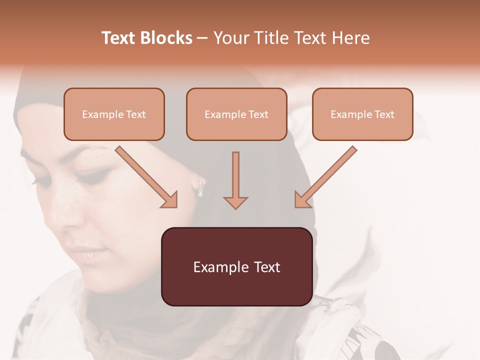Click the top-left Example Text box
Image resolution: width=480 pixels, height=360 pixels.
click(x=114, y=114)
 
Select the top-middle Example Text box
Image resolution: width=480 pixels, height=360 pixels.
click(x=236, y=114)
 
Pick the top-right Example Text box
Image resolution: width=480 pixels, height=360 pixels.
click(x=362, y=114)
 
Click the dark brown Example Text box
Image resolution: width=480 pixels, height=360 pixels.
click(x=236, y=266)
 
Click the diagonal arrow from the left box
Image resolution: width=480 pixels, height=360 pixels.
click(x=145, y=176)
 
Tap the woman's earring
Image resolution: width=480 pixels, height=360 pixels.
click(x=200, y=189)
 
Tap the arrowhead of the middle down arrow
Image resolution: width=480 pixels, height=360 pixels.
click(x=235, y=202)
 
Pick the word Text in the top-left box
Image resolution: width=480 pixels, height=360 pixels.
click(x=136, y=114)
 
